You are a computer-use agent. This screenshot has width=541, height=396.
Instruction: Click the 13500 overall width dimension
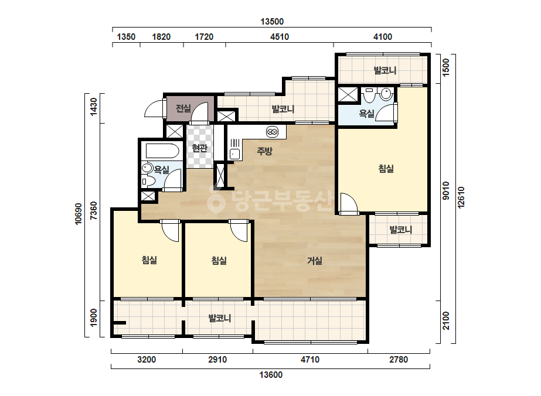pyautogui.click(x=272, y=22)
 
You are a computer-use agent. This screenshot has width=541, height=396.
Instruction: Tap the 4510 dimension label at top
pyautogui.click(x=280, y=36)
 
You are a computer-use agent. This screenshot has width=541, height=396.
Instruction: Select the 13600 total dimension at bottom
pyautogui.click(x=271, y=374)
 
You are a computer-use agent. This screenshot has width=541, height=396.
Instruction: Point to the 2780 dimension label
pyautogui.click(x=399, y=360)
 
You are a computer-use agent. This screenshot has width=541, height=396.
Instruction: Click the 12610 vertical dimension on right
pyautogui.click(x=462, y=197)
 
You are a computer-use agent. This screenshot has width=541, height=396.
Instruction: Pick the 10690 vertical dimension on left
pyautogui.click(x=79, y=214)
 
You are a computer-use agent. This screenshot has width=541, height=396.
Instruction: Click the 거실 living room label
pyautogui.click(x=315, y=261)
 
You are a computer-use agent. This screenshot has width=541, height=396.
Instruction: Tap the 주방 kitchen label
pyautogui.click(x=264, y=151)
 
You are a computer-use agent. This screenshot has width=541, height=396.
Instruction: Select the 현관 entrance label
pyautogui.click(x=199, y=148)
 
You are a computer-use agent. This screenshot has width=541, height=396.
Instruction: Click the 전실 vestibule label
pyautogui.click(x=183, y=108)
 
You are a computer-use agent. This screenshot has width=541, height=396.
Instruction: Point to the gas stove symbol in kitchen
pyautogui.click(x=272, y=131)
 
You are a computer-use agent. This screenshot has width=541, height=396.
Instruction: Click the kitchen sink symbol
pyautogui.click(x=235, y=149)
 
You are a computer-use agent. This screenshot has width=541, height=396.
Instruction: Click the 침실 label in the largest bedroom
pyautogui.click(x=386, y=169)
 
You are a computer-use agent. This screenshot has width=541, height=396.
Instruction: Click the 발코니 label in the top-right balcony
pyautogui.click(x=385, y=70)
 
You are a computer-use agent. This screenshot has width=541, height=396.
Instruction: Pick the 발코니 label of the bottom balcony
pyautogui.click(x=219, y=318)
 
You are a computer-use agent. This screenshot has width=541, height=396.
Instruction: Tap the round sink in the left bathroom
pyautogui.click(x=147, y=168)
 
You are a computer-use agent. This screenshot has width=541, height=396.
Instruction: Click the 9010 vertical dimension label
pyautogui.click(x=446, y=190)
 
